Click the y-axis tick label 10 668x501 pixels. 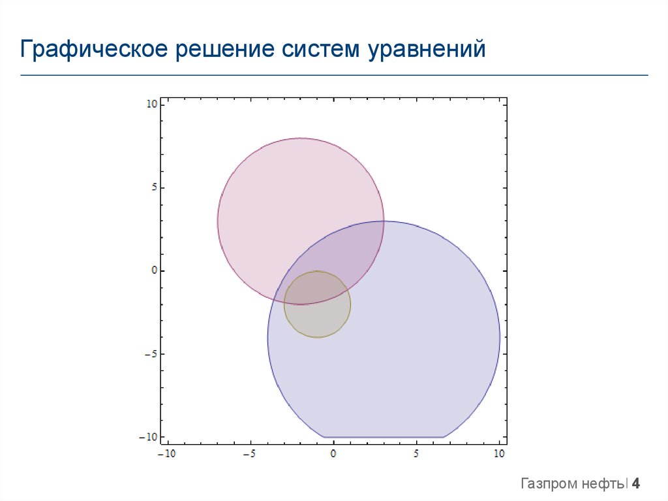pos(151,104)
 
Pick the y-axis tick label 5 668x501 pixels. pos(153,187)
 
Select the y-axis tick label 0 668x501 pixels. pos(153,270)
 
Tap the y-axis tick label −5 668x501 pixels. pos(151,354)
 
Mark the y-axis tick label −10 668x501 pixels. pos(149,437)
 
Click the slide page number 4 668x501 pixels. pos(636,484)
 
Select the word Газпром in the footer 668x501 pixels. pos(549,484)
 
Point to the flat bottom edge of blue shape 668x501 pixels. pos(384,437)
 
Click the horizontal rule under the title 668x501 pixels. pos(334,75)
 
